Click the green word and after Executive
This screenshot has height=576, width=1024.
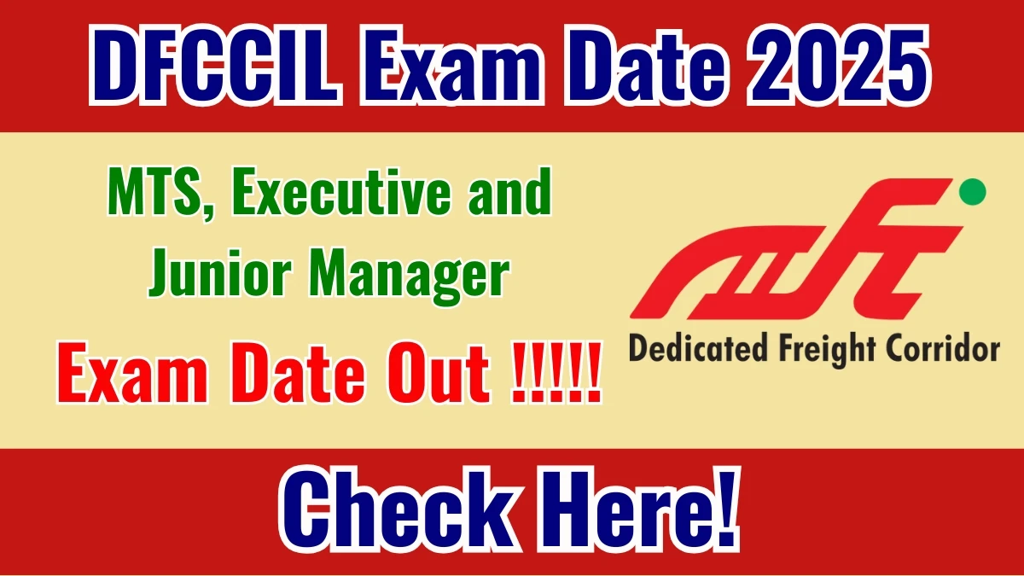coord(514,195)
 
